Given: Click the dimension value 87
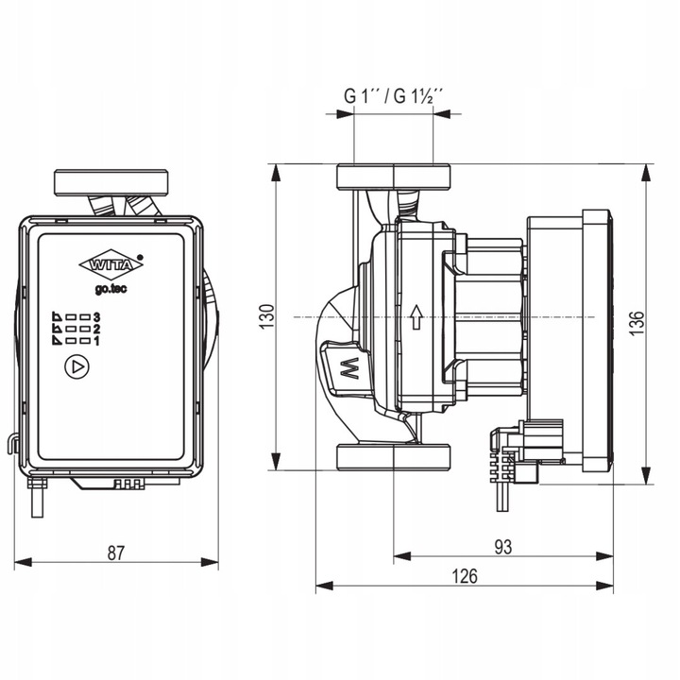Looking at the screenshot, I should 115,552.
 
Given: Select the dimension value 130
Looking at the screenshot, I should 267,315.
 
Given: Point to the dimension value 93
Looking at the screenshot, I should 502,547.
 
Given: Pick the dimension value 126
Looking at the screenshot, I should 464,575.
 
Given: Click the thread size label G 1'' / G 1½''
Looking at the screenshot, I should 394,96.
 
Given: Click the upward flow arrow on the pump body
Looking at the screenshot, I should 416,315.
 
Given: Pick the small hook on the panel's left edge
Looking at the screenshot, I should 12,441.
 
